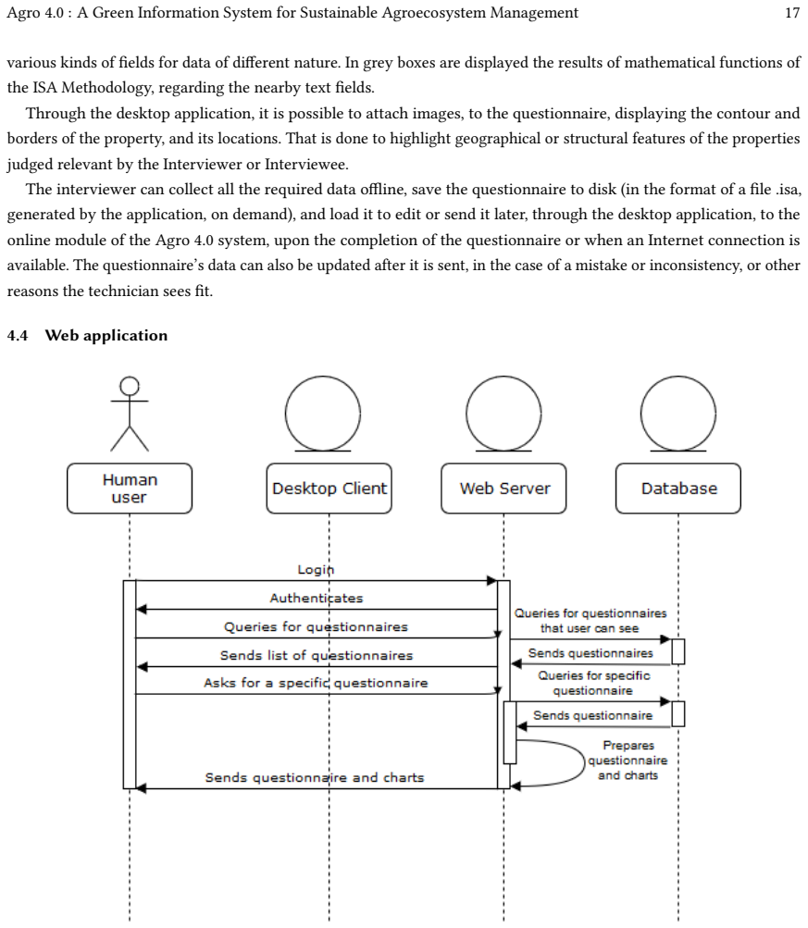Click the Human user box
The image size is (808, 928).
(130, 489)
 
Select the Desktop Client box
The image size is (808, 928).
(329, 489)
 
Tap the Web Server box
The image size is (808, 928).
(503, 489)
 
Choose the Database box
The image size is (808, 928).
(678, 489)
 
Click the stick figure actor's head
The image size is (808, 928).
(130, 386)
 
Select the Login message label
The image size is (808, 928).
(316, 569)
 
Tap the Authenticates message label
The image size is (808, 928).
(317, 598)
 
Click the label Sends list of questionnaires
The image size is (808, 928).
(317, 655)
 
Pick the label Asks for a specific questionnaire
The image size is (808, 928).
(316, 683)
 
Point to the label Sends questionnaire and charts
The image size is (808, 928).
(315, 778)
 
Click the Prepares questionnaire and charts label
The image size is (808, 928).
(628, 761)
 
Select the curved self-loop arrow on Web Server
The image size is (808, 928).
(585, 762)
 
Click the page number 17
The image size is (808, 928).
(792, 13)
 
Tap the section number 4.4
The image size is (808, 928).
(18, 336)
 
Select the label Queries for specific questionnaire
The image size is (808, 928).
(593, 683)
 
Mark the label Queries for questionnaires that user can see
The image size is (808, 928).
(590, 621)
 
